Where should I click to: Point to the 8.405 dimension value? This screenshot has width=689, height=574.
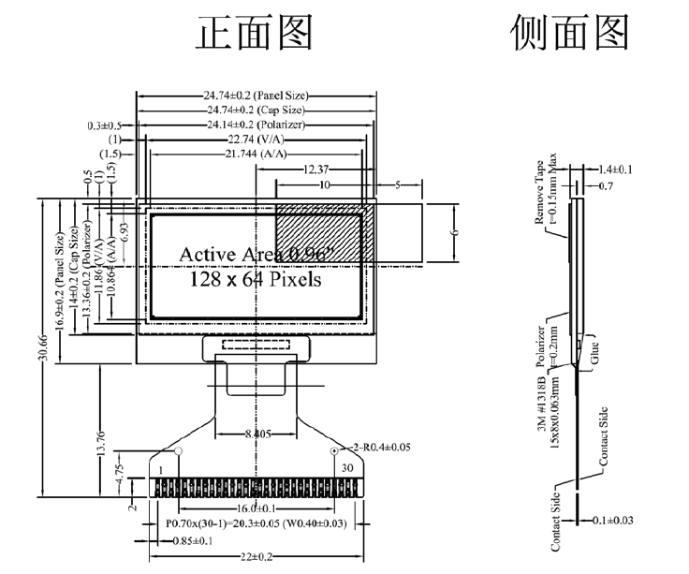coord(257,434)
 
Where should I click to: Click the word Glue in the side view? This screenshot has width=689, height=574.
coord(594,355)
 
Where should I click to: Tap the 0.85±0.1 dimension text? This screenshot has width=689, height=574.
coord(189,541)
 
